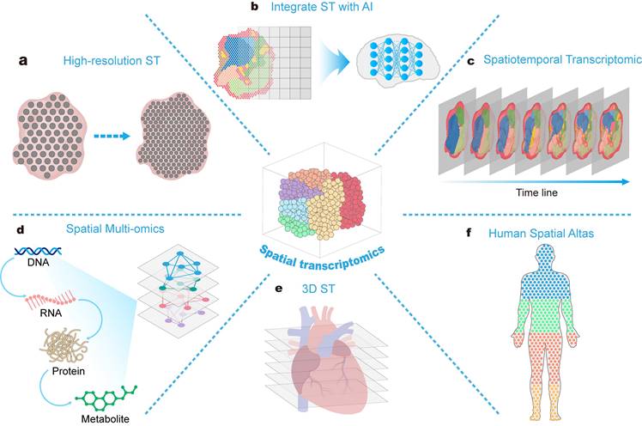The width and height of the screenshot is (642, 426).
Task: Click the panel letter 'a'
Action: [23, 61]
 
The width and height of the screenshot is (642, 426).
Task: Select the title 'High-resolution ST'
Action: [112, 61]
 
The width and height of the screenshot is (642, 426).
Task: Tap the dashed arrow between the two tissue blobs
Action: [112, 136]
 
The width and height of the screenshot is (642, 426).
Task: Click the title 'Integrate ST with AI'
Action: [322, 7]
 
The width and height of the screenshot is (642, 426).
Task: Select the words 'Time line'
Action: [536, 192]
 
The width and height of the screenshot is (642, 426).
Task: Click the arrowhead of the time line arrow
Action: [626, 181]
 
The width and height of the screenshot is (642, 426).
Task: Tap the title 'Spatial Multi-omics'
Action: [115, 228]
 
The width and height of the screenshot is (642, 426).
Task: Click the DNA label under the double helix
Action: [38, 262]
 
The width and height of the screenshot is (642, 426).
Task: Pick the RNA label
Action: [51, 313]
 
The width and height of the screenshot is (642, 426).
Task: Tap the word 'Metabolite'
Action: [106, 419]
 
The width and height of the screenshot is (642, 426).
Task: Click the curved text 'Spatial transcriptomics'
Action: [322, 259]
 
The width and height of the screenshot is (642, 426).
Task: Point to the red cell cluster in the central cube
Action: [350, 200]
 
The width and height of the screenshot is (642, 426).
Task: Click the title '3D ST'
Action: [318, 289]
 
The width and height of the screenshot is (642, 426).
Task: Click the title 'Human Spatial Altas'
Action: [541, 234]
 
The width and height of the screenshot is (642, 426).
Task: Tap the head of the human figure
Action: [546, 257]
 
